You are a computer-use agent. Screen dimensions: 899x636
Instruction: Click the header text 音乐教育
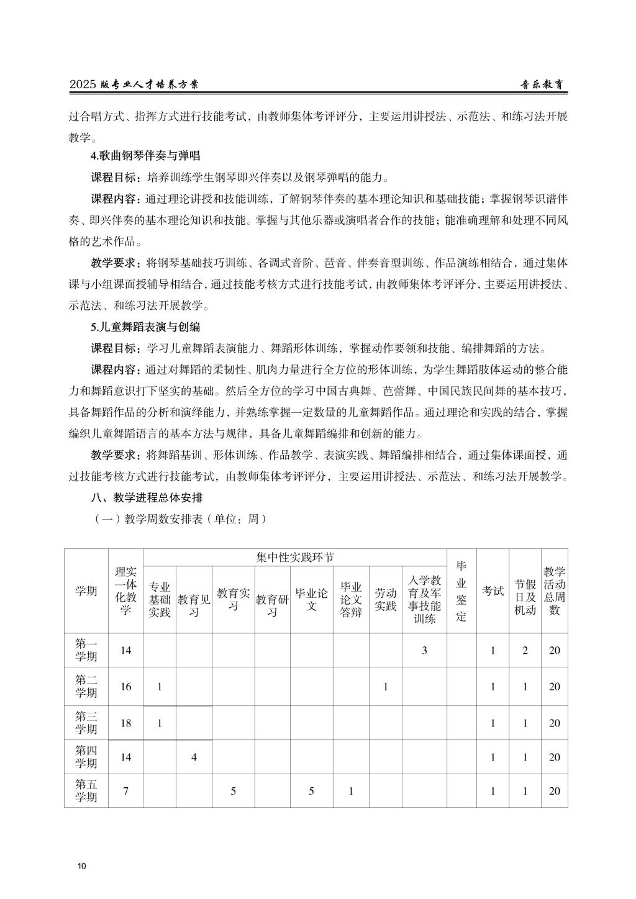(x=542, y=85)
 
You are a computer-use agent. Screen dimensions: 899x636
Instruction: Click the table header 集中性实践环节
(x=294, y=557)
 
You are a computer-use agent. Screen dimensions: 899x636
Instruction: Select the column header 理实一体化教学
(x=125, y=590)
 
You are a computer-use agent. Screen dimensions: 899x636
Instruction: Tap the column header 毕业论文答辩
(x=351, y=600)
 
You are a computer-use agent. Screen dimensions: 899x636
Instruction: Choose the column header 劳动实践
(x=385, y=600)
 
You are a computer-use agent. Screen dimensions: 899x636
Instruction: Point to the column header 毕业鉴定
(x=461, y=590)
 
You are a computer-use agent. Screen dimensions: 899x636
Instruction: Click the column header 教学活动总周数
(x=554, y=590)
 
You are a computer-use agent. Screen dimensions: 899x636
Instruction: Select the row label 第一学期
(x=86, y=650)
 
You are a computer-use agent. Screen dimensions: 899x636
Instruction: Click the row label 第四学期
(x=86, y=757)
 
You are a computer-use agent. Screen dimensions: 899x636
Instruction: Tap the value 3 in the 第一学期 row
(x=424, y=651)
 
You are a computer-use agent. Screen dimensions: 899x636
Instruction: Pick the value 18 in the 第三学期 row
(x=125, y=723)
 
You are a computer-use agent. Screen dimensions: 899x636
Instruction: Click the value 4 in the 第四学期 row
(x=194, y=757)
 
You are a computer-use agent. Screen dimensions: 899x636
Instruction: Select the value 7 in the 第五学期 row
(x=125, y=791)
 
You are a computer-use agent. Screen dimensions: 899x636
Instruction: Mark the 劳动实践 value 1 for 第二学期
(x=385, y=687)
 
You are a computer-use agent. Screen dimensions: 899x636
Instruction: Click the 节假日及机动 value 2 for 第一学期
(x=525, y=651)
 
